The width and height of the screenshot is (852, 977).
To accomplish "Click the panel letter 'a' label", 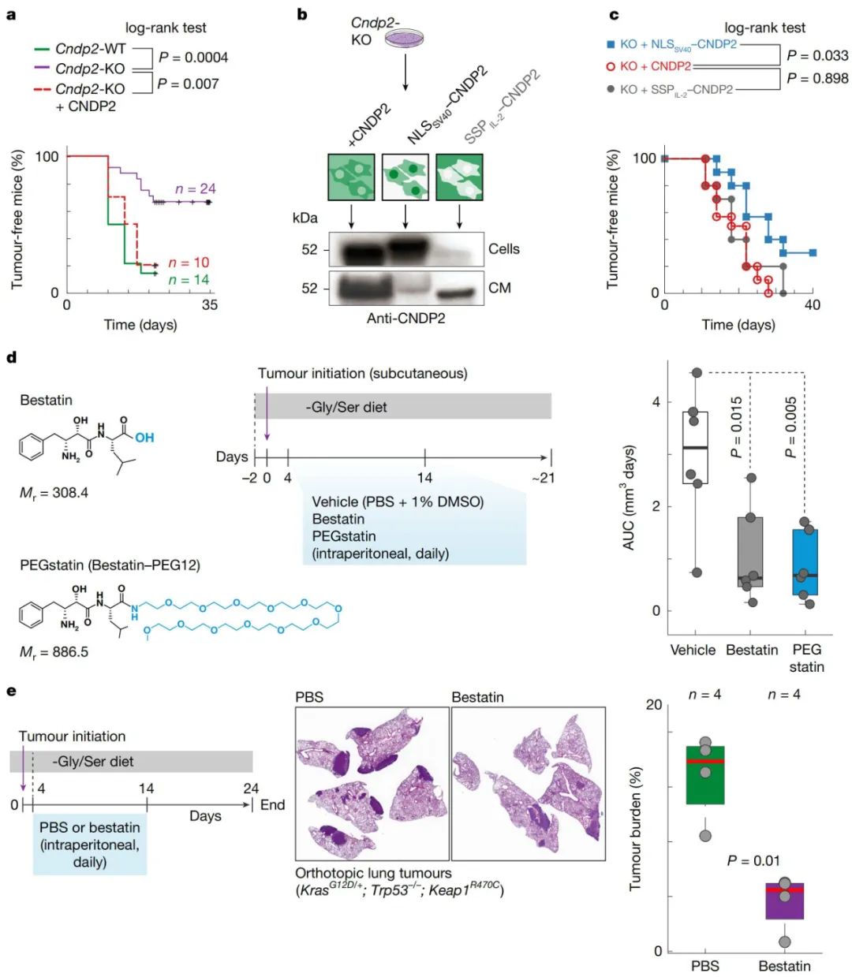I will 11,13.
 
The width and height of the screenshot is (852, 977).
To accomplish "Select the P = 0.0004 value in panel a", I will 193,57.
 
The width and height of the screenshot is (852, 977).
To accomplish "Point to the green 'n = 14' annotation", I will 189,280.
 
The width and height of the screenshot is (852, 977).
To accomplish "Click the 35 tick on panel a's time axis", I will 209,305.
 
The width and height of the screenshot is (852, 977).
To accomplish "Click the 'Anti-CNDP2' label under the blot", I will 405,319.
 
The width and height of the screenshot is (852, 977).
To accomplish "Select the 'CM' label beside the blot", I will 499,288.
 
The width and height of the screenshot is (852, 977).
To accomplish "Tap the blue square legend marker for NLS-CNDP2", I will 611,44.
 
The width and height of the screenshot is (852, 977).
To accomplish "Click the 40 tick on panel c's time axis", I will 813,305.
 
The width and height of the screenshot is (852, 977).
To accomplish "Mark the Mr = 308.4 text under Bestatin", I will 54,493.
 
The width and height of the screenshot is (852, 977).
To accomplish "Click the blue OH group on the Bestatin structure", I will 144,437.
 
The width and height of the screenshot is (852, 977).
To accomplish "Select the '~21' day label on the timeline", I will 543,477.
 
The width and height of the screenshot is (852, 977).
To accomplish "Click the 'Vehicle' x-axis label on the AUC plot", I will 693,650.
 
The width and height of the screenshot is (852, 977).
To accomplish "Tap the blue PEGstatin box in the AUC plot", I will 805,561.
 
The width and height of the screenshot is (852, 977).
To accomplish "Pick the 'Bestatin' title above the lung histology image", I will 477,697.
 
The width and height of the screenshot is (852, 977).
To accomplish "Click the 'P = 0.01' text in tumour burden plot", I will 753,860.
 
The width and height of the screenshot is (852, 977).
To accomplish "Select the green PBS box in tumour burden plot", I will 705,774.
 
